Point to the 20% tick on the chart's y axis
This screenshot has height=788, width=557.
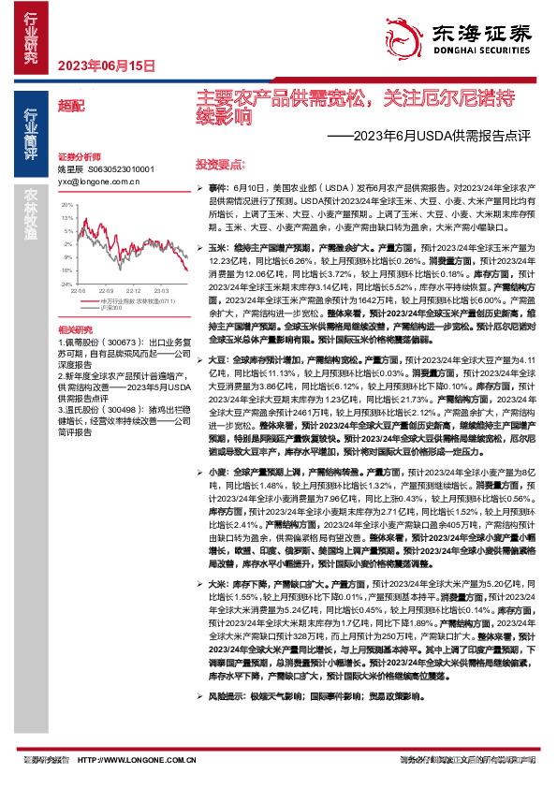point(66,203)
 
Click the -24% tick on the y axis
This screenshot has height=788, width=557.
point(65,282)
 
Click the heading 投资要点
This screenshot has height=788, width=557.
point(219,162)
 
